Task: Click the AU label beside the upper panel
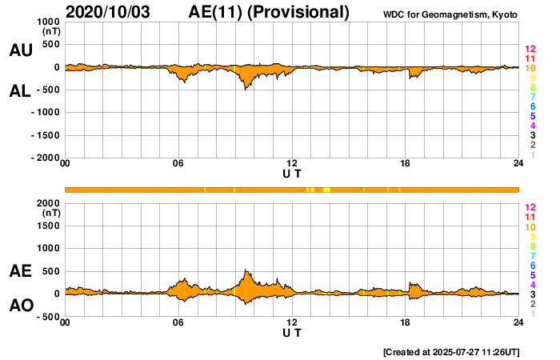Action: (x=20, y=50)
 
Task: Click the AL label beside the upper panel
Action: (x=20, y=91)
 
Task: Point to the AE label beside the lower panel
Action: (x=20, y=271)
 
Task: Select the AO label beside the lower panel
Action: (x=20, y=306)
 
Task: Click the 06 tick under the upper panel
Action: (x=178, y=165)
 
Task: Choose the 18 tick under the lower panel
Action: (x=406, y=322)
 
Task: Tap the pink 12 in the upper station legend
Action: (x=529, y=50)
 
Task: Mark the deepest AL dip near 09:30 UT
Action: (x=246, y=89)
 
